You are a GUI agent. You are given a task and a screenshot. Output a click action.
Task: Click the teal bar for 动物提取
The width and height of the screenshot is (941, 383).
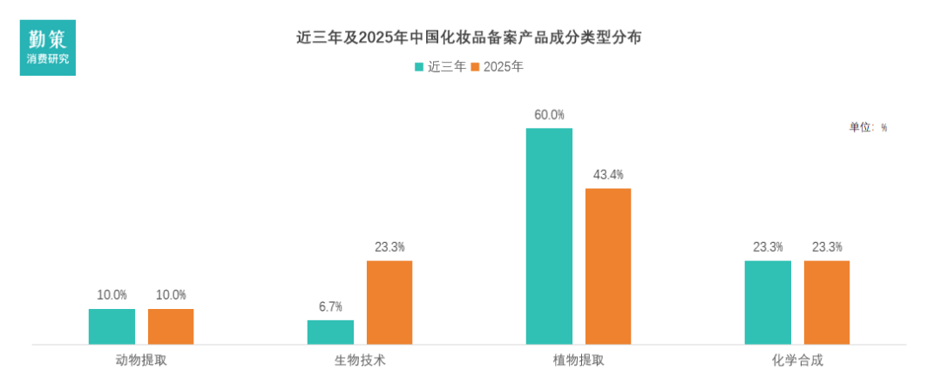(112, 326)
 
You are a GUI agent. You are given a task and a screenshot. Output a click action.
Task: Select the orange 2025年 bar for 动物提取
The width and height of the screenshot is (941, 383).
(171, 326)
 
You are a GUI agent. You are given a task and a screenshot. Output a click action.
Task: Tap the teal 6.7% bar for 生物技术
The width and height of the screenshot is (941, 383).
(330, 332)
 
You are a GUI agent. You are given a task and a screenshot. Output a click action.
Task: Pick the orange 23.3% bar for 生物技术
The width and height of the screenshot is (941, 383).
(389, 302)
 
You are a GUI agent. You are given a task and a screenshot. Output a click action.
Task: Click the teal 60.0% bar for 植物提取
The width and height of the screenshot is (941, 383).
(549, 236)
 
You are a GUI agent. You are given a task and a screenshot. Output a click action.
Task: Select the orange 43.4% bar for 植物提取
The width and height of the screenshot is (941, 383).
(608, 266)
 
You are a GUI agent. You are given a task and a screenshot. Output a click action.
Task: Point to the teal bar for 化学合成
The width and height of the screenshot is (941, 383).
(768, 302)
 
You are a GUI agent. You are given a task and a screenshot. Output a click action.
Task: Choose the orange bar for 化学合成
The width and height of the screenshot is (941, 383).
(827, 302)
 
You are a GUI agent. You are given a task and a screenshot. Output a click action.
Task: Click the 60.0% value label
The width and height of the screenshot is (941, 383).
(549, 115)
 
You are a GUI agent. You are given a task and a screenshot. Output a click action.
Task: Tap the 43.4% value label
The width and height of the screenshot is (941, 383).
(608, 175)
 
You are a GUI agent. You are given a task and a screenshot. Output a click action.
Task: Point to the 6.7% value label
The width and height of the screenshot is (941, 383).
(330, 306)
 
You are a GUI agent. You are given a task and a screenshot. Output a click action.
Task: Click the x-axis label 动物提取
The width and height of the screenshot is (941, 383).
(141, 359)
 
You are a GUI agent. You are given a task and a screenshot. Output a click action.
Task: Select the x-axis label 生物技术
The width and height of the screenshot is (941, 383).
(360, 359)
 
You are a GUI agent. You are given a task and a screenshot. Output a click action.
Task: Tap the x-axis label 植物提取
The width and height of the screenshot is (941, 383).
(579, 359)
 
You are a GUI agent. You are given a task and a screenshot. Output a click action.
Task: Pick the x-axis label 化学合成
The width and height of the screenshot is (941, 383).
(797, 359)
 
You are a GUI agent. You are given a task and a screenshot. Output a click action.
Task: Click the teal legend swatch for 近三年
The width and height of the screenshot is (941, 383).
(419, 67)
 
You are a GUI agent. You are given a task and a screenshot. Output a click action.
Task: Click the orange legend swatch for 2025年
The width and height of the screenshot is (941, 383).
(475, 67)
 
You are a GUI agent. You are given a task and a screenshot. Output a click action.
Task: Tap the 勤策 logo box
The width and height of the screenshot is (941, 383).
(48, 46)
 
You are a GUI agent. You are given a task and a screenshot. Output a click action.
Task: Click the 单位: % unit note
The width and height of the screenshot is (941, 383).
(868, 127)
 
